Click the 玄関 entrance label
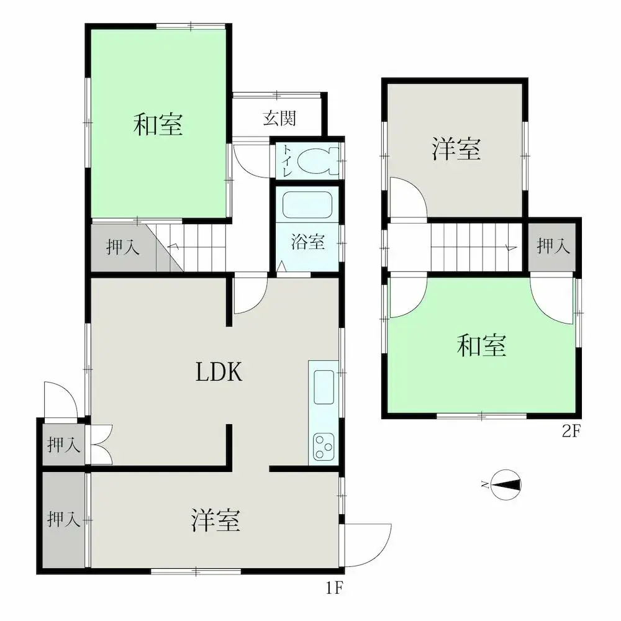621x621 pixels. (279, 117)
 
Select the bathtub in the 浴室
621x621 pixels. (307, 205)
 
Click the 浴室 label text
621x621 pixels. (308, 242)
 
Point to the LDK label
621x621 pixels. (219, 372)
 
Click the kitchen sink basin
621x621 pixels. (324, 387)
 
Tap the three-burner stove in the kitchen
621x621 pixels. (324, 446)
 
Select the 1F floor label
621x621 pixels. (334, 588)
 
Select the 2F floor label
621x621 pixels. (571, 431)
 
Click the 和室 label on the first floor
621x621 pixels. (158, 124)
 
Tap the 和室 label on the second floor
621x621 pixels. (481, 345)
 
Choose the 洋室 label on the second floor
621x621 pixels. (456, 149)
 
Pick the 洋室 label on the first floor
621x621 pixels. (215, 520)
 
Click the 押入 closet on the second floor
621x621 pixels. (553, 246)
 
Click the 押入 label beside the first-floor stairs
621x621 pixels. (123, 247)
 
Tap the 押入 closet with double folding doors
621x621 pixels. (63, 445)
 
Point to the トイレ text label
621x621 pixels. (287, 161)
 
